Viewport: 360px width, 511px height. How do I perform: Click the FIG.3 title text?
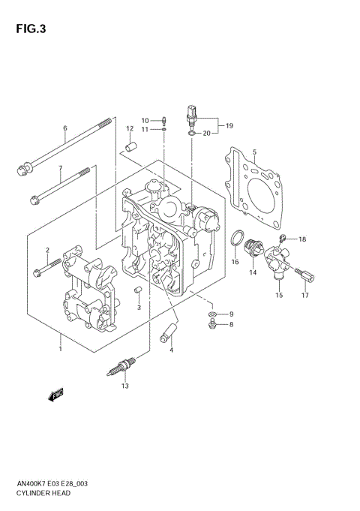[x=29, y=29]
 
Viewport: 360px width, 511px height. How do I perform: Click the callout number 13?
[x=125, y=386]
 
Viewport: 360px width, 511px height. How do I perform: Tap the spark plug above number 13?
[x=123, y=365]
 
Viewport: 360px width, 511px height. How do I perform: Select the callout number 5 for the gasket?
[x=254, y=152]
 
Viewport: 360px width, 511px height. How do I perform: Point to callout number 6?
[x=65, y=128]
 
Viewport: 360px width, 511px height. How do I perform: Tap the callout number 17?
[x=305, y=296]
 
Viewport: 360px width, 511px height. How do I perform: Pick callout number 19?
[x=229, y=125]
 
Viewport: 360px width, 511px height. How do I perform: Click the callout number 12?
[x=130, y=129]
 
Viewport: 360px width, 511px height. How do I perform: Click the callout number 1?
[x=61, y=348]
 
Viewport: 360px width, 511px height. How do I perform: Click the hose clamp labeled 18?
[x=283, y=239]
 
